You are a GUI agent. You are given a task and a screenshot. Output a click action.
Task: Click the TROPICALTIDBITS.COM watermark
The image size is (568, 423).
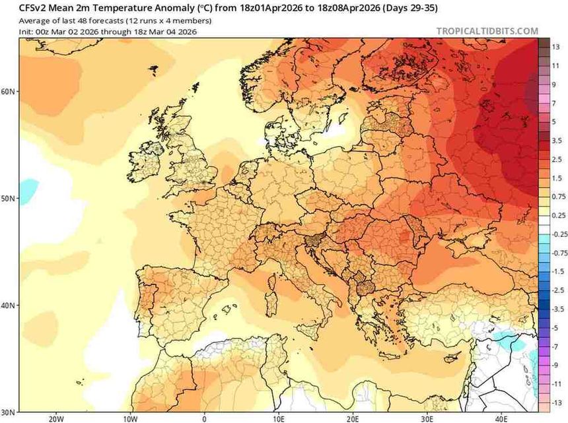487,31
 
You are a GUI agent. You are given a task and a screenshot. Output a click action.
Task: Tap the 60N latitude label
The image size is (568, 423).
8,91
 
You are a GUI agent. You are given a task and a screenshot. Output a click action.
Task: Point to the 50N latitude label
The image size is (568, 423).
8,199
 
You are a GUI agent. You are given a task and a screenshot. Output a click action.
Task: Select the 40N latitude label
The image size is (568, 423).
8,306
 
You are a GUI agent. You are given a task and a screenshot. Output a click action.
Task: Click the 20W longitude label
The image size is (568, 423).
55,418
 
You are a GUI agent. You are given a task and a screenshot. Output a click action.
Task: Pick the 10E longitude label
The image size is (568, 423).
279,418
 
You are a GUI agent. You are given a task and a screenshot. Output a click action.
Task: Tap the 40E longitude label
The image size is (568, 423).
501,418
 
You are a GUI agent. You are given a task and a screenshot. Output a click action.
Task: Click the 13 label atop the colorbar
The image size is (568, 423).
556,47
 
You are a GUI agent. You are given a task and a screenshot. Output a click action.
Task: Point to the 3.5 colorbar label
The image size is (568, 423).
557,141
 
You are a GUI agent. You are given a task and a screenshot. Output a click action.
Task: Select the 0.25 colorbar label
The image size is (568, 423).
558,215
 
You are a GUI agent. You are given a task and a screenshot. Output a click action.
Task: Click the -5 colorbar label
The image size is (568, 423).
555,328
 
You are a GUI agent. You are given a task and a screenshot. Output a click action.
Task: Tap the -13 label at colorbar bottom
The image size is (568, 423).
557,403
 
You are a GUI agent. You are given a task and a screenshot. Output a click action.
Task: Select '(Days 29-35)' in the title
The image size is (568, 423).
410,9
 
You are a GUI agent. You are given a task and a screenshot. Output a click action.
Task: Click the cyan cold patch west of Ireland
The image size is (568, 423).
28,190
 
